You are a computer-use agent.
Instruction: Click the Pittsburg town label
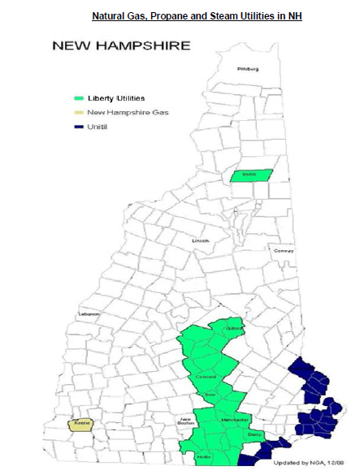[247, 69]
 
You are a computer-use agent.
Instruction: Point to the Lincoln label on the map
[200, 241]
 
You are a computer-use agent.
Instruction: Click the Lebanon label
[88, 314]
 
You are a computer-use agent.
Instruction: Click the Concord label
[205, 378]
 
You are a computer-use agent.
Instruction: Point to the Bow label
[209, 394]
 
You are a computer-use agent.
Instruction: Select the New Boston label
[188, 421]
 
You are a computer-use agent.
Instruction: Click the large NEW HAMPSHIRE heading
[121, 45]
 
